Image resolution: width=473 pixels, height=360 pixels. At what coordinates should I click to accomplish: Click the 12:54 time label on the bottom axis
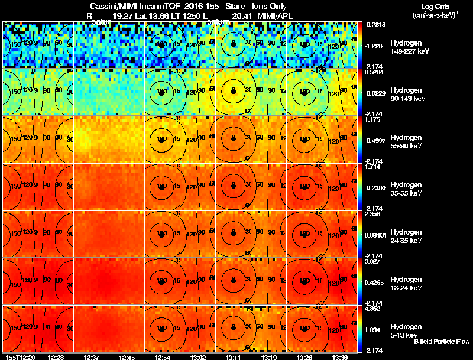tap(161, 357)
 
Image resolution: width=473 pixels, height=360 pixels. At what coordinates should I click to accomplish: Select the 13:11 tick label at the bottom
tap(232, 357)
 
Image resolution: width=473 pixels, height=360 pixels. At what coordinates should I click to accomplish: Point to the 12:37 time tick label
tap(92, 357)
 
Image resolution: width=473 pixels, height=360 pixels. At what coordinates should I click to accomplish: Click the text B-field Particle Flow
tap(441, 342)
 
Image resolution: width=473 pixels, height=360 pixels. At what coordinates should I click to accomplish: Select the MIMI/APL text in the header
tap(276, 16)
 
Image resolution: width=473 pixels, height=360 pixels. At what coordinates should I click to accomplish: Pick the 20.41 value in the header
tap(241, 16)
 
